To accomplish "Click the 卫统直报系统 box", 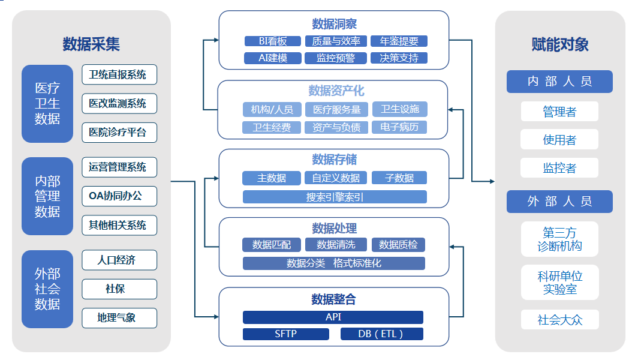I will tap(119, 74).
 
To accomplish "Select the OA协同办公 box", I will tap(119, 196).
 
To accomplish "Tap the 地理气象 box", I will tap(119, 318).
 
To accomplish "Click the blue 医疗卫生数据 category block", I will tap(47, 104).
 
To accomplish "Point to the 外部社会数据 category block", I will tap(47, 289).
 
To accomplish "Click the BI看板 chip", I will tap(272, 41).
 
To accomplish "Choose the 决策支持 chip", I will tap(399, 58).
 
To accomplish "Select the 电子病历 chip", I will tap(399, 127).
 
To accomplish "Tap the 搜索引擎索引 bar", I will tap(335, 197).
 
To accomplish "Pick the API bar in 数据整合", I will tap(333, 317).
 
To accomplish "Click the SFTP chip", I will tap(285, 334).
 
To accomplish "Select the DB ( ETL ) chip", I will tap(381, 334).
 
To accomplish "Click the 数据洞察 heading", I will tap(334, 24).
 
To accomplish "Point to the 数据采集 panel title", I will tap(91, 44).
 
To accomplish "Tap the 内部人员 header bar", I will tap(559, 82).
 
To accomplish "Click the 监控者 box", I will tap(559, 168).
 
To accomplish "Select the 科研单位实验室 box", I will tap(559, 283).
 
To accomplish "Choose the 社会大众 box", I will tap(559, 320).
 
